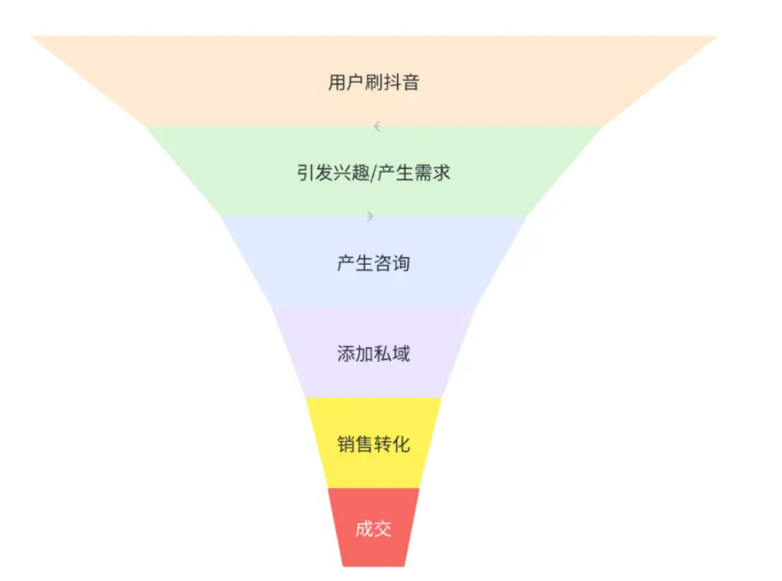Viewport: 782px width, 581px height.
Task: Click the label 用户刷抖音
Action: coord(373,82)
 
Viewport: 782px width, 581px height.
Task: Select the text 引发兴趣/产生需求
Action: coord(373,173)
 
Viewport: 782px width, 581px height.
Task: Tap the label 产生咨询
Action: coord(373,263)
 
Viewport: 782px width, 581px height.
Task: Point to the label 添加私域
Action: coord(373,354)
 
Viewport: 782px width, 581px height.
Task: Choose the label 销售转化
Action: coord(373,443)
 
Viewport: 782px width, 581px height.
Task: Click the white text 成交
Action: coord(373,529)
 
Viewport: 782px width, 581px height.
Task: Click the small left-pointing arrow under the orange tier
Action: coord(377,126)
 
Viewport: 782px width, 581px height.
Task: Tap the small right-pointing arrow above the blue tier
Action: coord(370,216)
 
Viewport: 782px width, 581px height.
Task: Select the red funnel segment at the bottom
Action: coord(373,527)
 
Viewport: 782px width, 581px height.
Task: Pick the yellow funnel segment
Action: coord(373,443)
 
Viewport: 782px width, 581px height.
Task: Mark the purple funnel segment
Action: coord(373,352)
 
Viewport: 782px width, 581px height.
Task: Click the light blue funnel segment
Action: coord(373,262)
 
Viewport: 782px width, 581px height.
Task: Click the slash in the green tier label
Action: coord(373,174)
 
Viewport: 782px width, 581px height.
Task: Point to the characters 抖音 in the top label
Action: coord(401,82)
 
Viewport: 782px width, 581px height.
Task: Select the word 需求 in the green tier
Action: coord(432,173)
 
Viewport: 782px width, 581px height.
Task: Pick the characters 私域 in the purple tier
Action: coord(392,354)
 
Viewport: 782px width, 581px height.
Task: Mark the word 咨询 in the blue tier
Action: coord(392,263)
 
